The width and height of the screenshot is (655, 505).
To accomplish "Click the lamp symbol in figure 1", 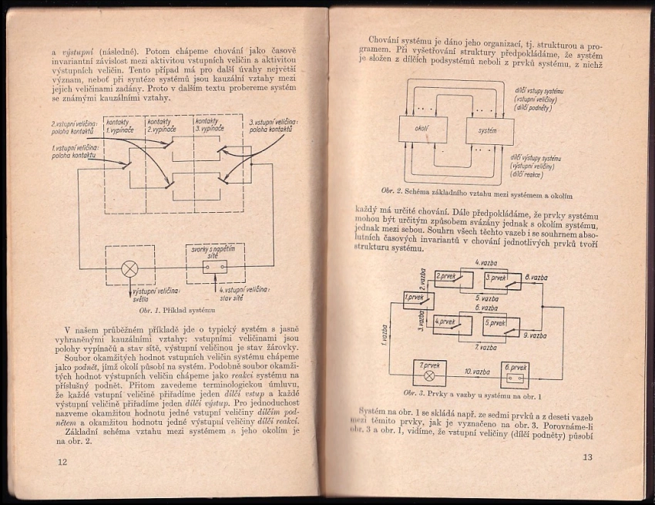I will click(129, 268).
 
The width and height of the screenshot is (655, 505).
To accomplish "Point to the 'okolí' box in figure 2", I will click(422, 129).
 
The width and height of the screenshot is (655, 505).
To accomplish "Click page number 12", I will click(62, 461).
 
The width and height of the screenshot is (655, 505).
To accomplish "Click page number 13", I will click(587, 456).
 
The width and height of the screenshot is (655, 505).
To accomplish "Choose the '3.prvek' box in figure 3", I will click(495, 278).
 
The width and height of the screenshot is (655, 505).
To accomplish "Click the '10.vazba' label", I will click(475, 372).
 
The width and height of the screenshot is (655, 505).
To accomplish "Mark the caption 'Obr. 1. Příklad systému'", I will click(178, 309).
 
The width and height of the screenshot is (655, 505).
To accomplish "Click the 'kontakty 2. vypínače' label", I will click(162, 125).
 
